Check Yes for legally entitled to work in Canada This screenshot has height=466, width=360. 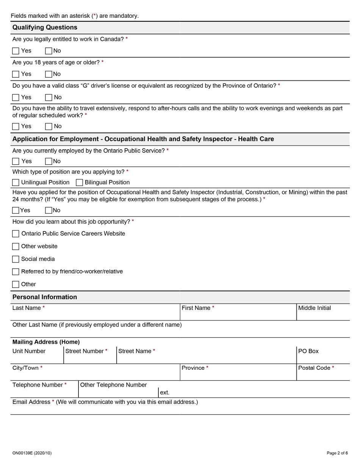tap(16, 51)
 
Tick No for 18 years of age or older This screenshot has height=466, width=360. tap(49, 74)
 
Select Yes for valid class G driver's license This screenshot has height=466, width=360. tap(16, 97)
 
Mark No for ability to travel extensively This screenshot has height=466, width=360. tap(49, 126)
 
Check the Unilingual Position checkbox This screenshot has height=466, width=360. tap(16, 183)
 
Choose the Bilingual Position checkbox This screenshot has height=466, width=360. tap(79, 183)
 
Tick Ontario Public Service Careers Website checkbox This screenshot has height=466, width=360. tap(16, 234)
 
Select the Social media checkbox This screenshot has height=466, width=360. tap(16, 259)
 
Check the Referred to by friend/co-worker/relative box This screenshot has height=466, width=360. tap(16, 272)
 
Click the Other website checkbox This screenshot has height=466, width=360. tap(16, 247)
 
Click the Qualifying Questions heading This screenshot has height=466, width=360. tap(45, 27)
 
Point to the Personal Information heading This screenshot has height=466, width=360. tap(45, 297)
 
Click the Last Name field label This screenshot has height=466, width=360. tap(27, 308)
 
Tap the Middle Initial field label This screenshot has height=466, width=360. tap(314, 308)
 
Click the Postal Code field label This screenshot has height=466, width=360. tap(314, 368)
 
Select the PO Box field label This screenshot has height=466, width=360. tap(308, 351)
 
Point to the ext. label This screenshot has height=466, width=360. tap(164, 393)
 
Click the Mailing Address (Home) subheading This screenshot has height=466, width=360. tap(46, 342)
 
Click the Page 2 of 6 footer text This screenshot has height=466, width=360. tap(337, 453)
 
